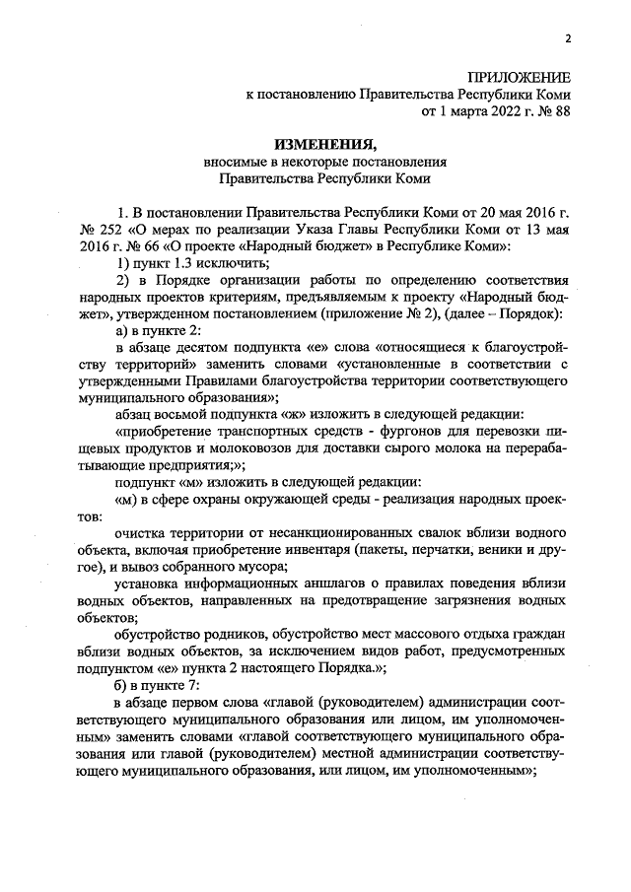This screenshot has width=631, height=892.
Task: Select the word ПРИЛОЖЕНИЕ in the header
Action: click(519, 77)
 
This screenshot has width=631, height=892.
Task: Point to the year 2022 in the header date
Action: click(493, 111)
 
